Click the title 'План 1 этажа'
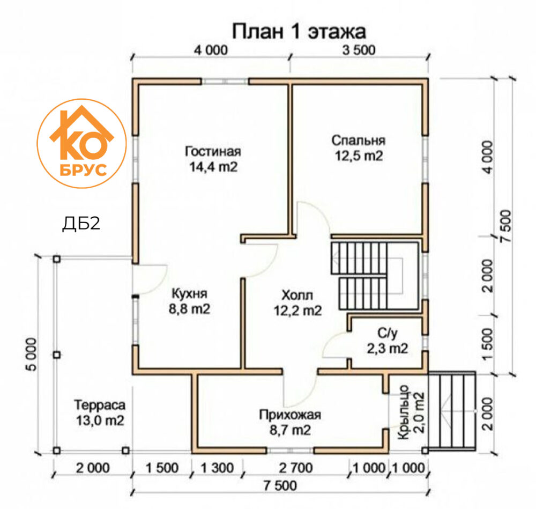click(x=299, y=32)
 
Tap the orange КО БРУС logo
click(x=81, y=143)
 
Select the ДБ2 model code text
click(x=81, y=224)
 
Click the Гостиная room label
click(x=213, y=152)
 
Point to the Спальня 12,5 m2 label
click(x=358, y=148)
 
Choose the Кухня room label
click(x=189, y=294)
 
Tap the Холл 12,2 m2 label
click(x=297, y=303)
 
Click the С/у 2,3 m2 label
click(x=388, y=341)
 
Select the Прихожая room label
click(x=290, y=415)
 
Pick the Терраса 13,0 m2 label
click(x=100, y=413)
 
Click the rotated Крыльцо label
click(x=404, y=412)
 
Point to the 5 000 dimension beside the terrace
click(x=32, y=355)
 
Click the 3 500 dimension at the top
click(x=359, y=50)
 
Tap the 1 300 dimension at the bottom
click(x=217, y=468)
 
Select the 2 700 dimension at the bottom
click(x=296, y=468)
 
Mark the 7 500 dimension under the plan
click(x=280, y=485)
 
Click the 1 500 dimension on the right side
click(x=487, y=344)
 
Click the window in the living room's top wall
click(x=225, y=82)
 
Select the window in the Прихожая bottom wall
click(x=290, y=450)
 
